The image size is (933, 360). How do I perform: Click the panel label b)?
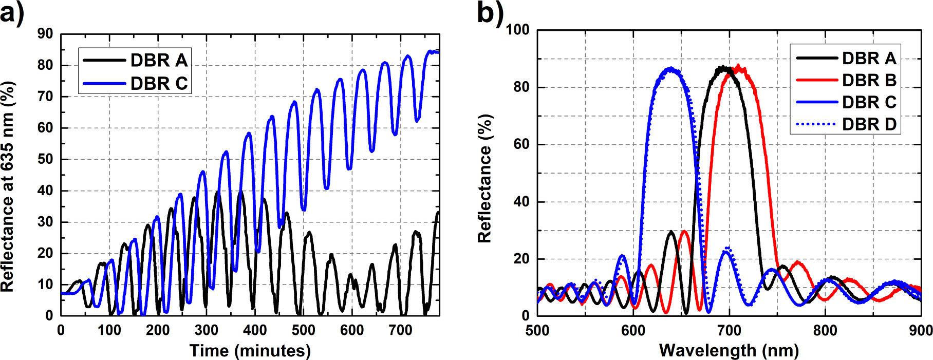click(490, 13)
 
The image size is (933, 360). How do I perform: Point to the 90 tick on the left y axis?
click(45, 34)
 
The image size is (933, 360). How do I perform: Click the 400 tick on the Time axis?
click(255, 330)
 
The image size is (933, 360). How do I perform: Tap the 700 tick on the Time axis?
click(400, 330)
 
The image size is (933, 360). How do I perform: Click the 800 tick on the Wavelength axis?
click(825, 330)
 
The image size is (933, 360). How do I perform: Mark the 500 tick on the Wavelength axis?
click(537, 330)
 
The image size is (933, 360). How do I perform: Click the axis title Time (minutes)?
click(250, 351)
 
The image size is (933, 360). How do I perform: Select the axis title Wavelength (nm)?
click(729, 351)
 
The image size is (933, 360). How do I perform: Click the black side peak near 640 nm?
click(671, 232)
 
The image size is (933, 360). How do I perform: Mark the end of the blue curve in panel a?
click(438, 52)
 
